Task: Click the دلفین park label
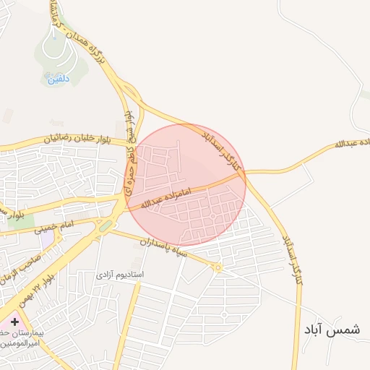pyautogui.click(x=58, y=79)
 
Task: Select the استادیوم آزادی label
pyautogui.click(x=121, y=275)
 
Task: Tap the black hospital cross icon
pyautogui.click(x=14, y=321)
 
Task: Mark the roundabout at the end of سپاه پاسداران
pyautogui.click(x=217, y=268)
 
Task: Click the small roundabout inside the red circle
pyautogui.click(x=215, y=215)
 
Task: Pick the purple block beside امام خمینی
pyautogui.click(x=47, y=238)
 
